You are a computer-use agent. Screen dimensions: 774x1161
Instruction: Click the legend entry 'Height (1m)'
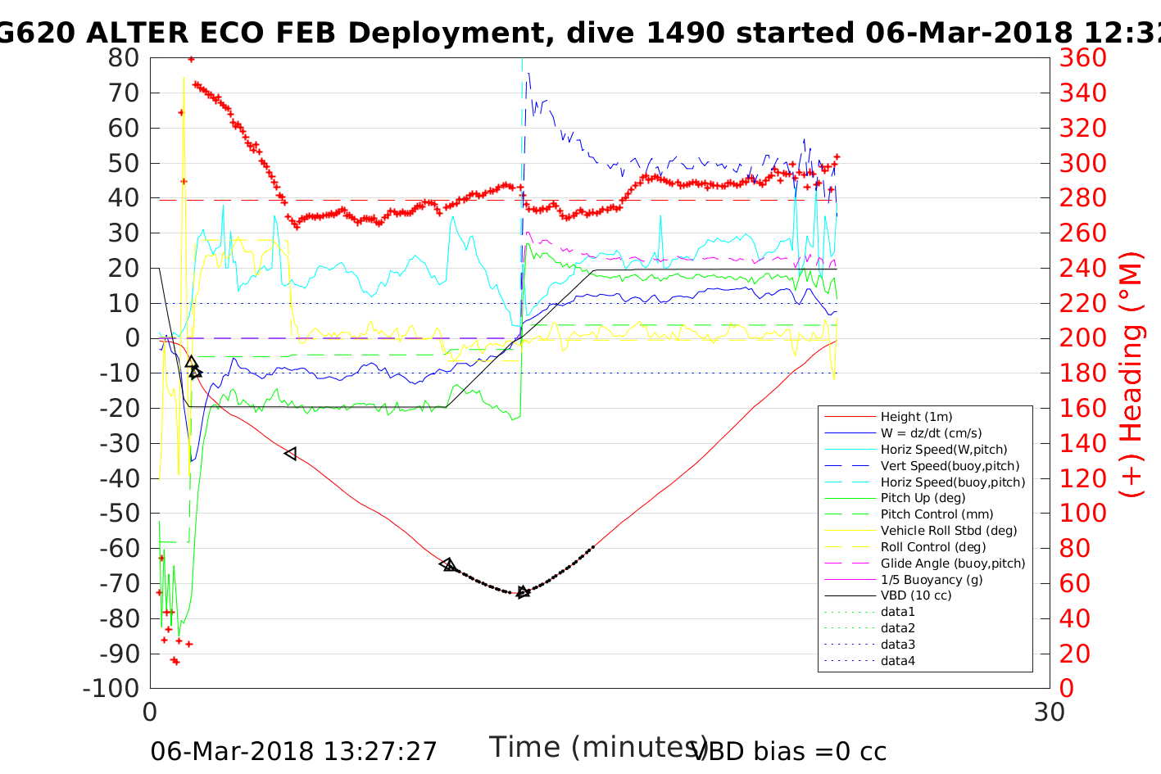[916, 417]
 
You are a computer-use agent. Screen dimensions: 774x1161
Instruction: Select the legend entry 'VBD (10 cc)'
[916, 595]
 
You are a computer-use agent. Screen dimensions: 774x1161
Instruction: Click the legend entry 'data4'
[897, 661]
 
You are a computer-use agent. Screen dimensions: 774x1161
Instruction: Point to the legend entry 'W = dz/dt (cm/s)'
[931, 433]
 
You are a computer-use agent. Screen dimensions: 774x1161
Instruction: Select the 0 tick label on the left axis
[132, 338]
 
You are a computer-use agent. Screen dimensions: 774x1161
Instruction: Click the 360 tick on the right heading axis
[1082, 58]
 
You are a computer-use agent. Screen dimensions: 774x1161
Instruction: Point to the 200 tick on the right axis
[1082, 338]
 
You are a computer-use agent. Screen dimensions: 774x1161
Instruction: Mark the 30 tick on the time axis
[1049, 713]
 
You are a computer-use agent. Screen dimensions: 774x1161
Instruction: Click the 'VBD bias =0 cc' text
[789, 751]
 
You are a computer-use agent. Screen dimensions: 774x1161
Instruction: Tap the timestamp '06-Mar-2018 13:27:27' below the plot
[293, 751]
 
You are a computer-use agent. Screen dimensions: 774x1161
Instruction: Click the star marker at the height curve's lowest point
[523, 592]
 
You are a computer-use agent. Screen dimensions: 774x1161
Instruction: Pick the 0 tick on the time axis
[151, 713]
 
